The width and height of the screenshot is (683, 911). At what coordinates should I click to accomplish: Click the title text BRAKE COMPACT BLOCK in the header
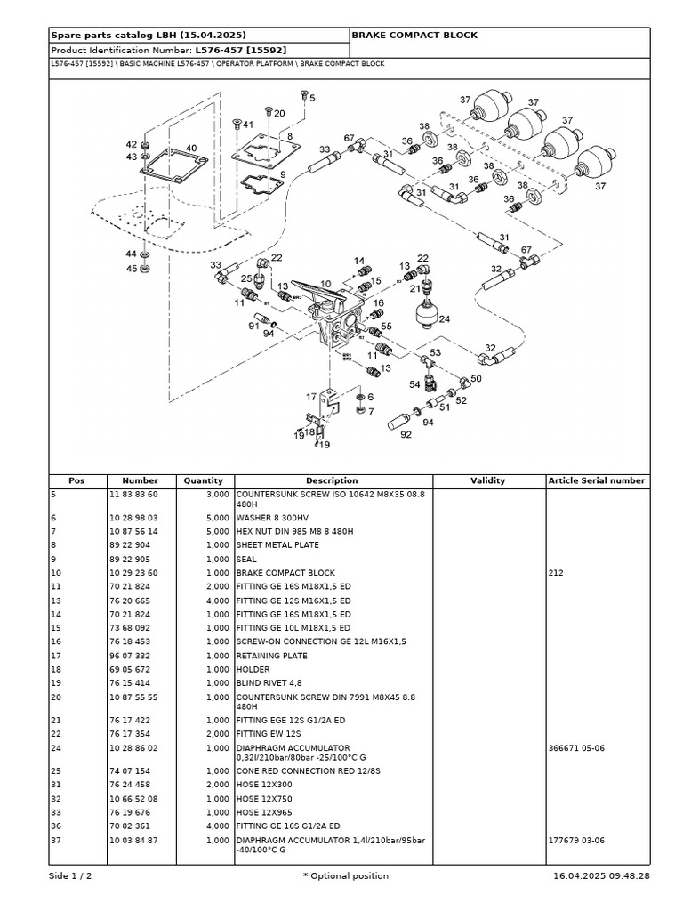tap(414, 35)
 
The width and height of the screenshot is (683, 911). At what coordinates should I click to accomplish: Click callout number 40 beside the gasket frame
tap(191, 149)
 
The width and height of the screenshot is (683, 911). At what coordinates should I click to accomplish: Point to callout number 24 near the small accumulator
tap(444, 318)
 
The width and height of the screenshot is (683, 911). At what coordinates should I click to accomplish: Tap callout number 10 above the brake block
tap(325, 285)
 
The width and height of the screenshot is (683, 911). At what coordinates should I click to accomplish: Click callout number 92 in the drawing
tap(406, 435)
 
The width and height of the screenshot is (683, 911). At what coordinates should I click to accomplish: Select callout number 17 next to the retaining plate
tap(311, 397)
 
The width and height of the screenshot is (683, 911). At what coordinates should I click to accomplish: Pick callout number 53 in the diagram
tap(435, 353)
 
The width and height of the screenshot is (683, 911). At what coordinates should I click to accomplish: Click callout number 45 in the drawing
tap(132, 268)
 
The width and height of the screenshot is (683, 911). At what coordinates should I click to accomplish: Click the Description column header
tap(332, 480)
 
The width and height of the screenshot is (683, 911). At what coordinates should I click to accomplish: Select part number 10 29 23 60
tap(133, 573)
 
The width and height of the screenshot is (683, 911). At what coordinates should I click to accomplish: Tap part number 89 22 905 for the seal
tap(130, 560)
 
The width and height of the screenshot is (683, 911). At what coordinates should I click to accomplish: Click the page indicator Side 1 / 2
tap(70, 875)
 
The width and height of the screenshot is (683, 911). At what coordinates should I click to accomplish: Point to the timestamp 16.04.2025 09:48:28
tap(600, 875)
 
